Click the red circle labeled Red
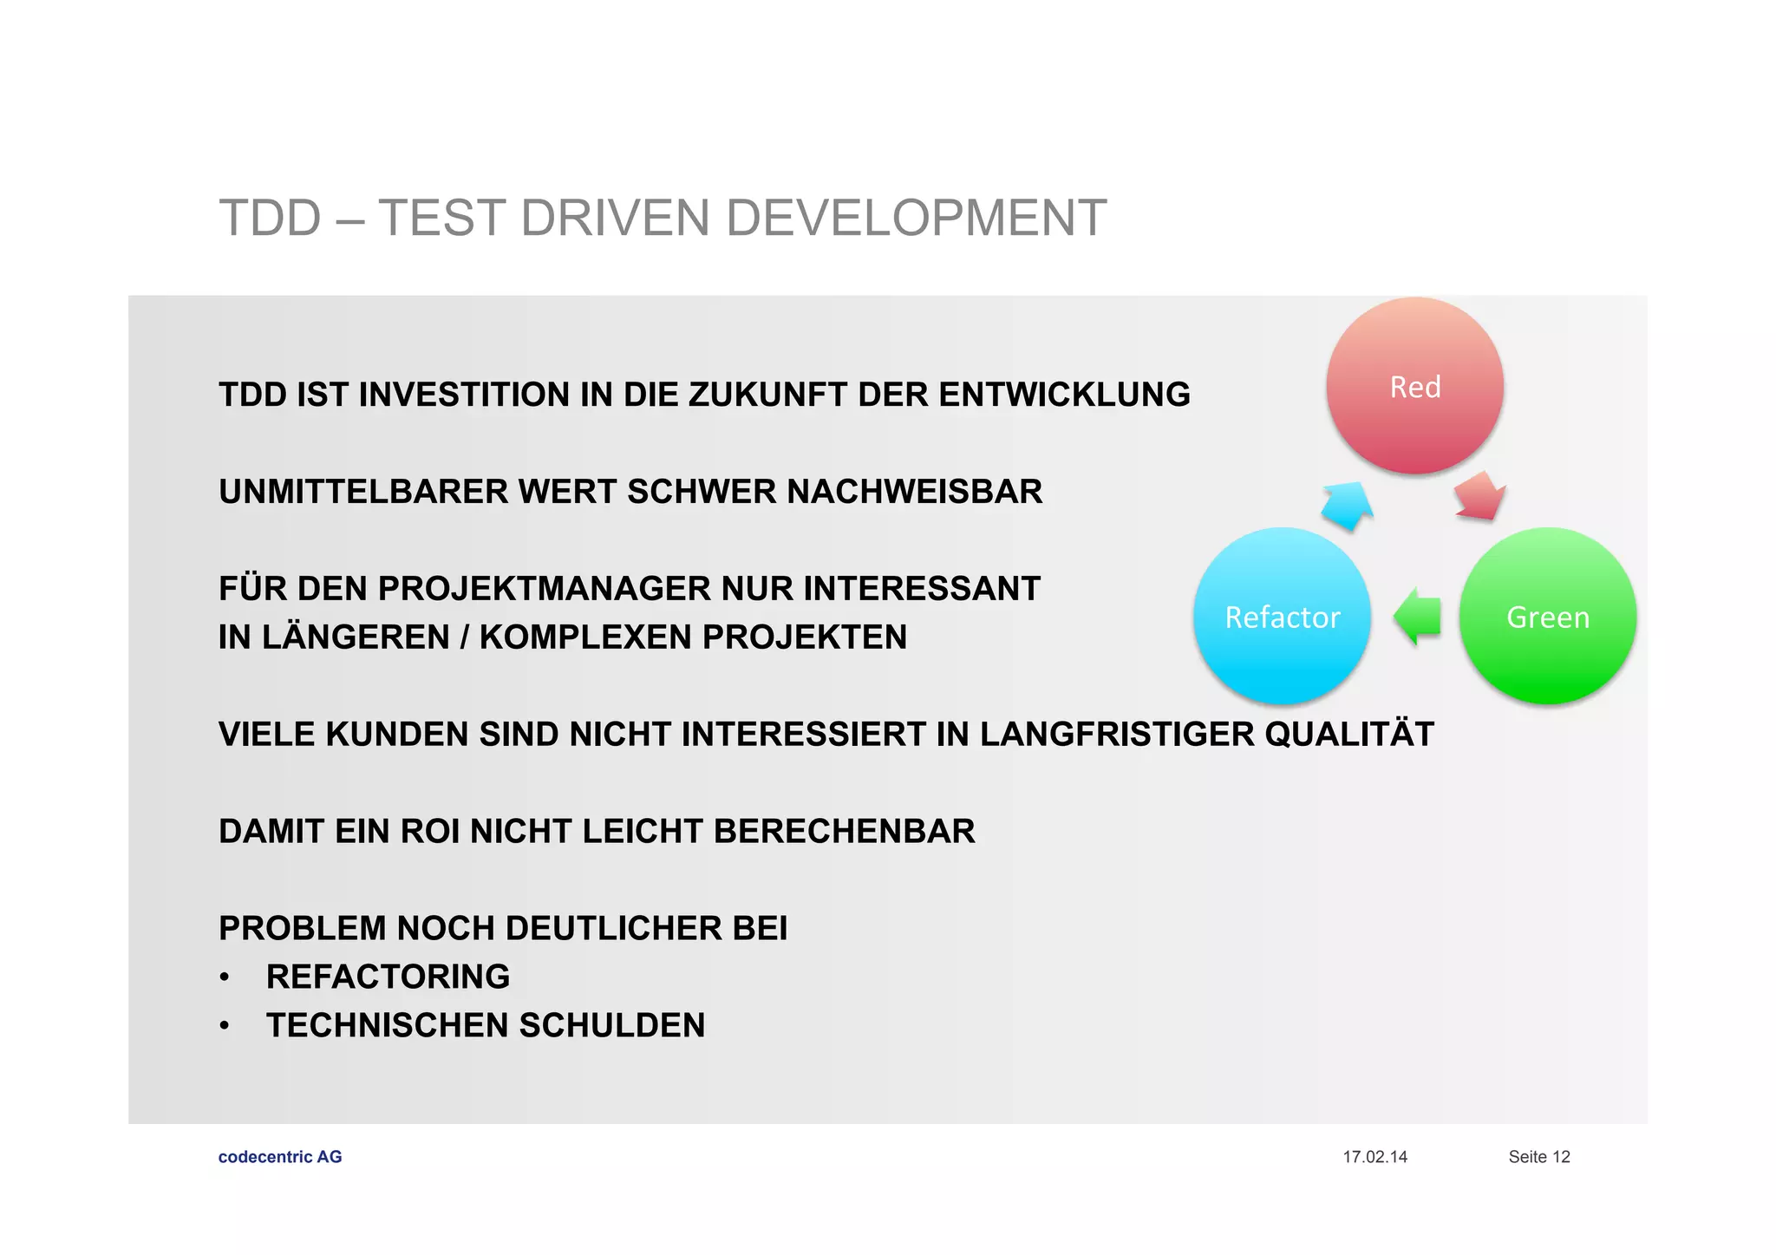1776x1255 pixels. tap(1414, 387)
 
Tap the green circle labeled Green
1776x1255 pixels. tap(1547, 617)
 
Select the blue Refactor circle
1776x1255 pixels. tap(1282, 617)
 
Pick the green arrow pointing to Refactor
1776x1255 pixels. tap(1417, 617)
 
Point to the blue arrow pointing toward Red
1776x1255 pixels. tap(1348, 506)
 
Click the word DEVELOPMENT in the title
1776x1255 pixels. tap(916, 218)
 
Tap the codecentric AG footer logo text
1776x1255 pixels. tap(280, 1156)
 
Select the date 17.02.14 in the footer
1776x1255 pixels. tap(1374, 1156)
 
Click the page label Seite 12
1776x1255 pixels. tap(1538, 1156)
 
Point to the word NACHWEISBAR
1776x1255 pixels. tap(914, 492)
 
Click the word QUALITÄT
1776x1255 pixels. tap(1348, 735)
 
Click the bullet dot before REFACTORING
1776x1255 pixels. tap(225, 978)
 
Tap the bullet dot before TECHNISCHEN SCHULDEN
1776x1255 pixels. tap(225, 1027)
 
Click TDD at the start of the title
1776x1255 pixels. tap(270, 218)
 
